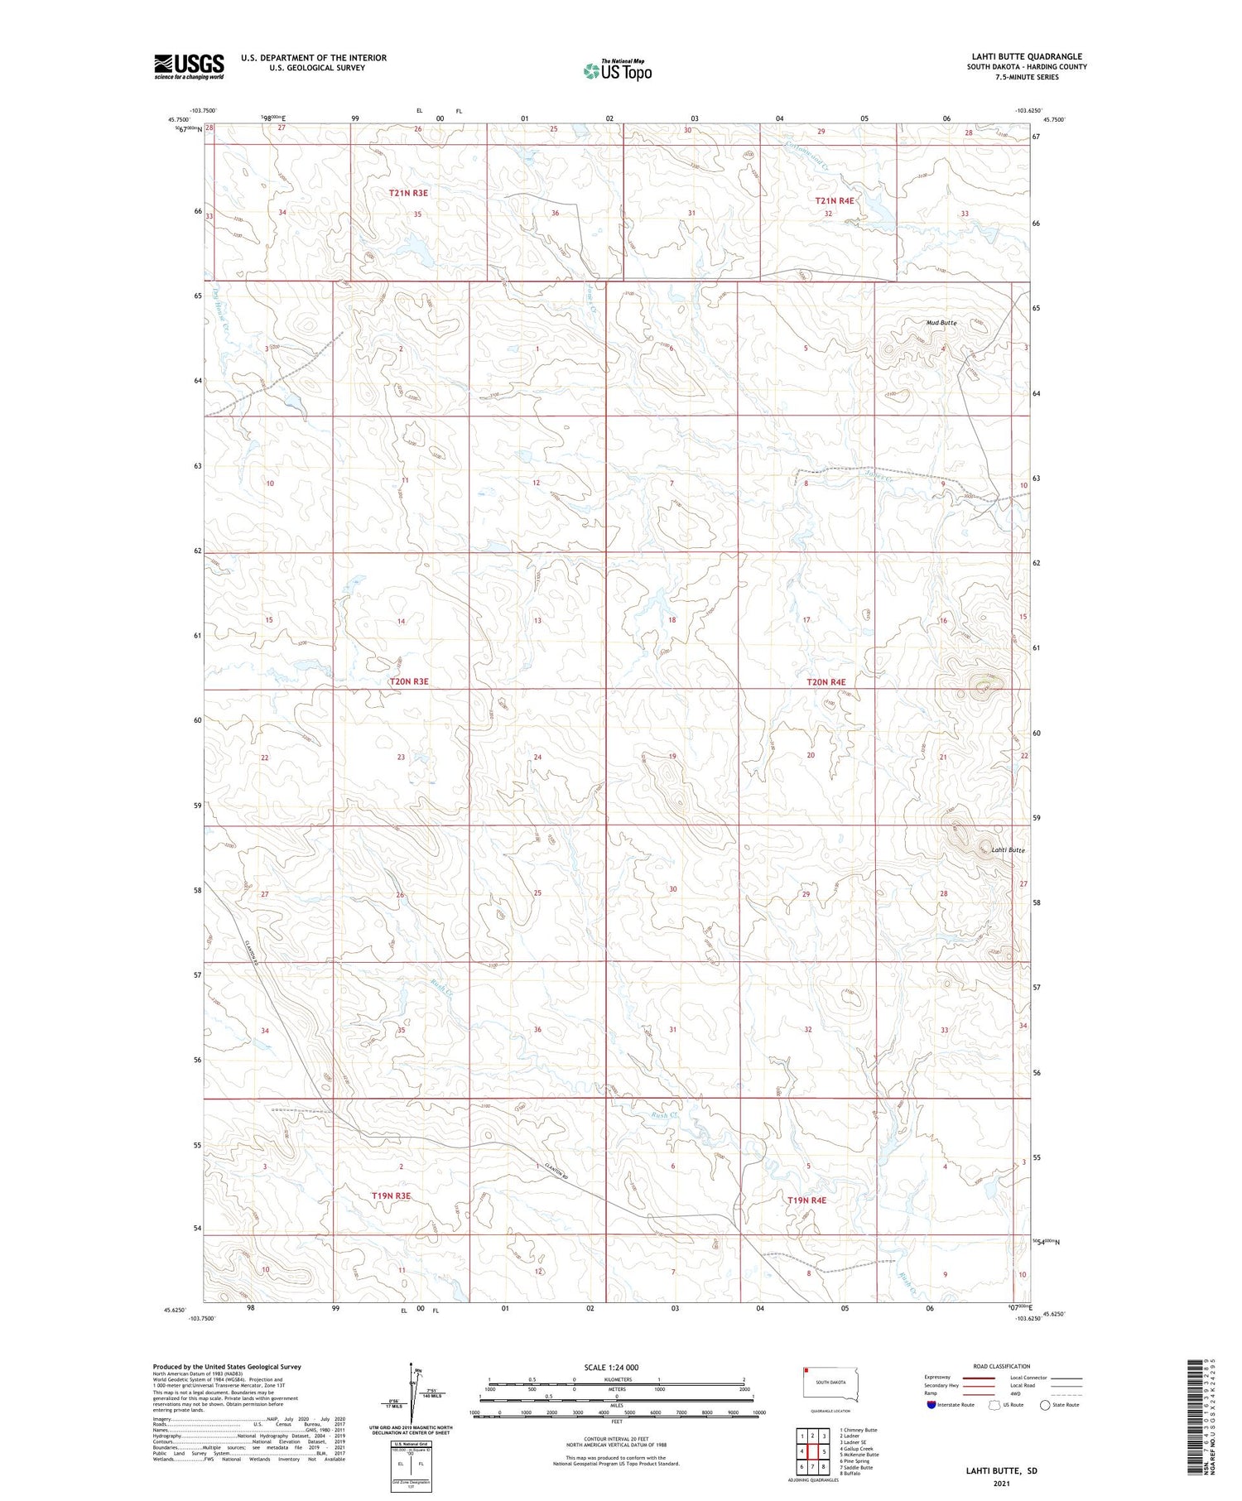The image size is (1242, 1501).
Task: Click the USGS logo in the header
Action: click(x=189, y=66)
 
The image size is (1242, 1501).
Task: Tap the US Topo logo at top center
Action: click(x=618, y=71)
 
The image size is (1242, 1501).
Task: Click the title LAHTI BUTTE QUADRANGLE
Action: click(x=1027, y=56)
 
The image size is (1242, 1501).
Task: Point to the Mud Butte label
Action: click(x=941, y=322)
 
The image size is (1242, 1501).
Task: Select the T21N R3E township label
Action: click(x=408, y=193)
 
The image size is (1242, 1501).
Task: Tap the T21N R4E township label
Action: click(x=834, y=200)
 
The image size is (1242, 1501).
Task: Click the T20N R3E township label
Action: click(x=408, y=681)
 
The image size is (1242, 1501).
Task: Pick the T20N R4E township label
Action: click(x=826, y=682)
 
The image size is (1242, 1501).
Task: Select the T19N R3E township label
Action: click(x=391, y=1196)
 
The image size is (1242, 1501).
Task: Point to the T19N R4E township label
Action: click(x=806, y=1200)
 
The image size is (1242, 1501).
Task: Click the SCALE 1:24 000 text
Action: click(x=611, y=1367)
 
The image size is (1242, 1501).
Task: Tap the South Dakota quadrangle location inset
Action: click(x=830, y=1384)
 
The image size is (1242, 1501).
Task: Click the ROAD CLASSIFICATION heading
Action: click(x=1002, y=1366)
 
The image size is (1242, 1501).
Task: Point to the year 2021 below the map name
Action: click(x=1001, y=1484)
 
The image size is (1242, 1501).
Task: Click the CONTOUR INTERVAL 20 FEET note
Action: click(x=616, y=1439)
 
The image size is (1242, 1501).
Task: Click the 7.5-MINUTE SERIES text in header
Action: click(x=1027, y=77)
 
